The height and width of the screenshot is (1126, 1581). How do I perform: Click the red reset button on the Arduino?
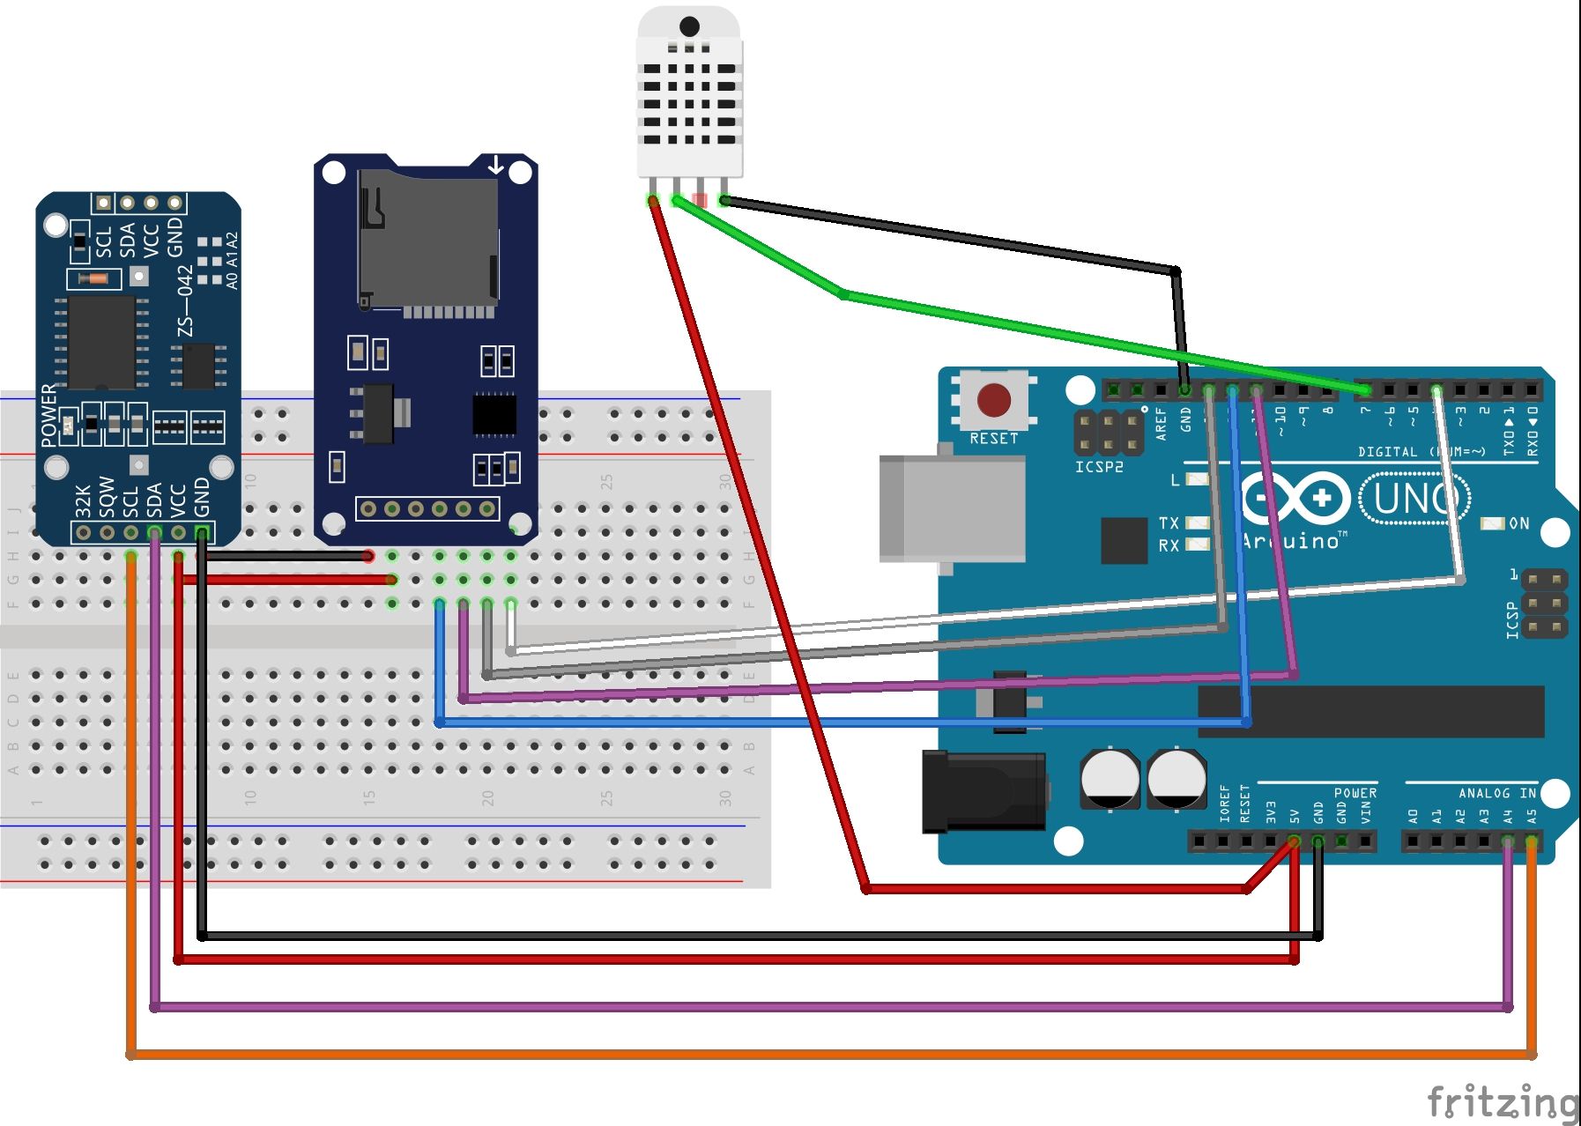point(994,400)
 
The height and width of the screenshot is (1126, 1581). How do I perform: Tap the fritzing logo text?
point(1502,1102)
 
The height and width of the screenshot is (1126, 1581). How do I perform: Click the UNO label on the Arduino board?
point(1414,499)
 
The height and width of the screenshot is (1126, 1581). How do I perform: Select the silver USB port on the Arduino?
point(952,508)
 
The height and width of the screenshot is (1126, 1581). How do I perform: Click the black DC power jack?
point(983,791)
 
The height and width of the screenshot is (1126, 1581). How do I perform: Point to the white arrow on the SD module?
point(496,165)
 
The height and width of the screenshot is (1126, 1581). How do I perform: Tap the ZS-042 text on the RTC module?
point(185,300)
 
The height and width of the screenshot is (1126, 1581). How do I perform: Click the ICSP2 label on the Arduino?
point(1099,467)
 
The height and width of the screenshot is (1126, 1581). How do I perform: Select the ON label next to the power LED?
point(1519,523)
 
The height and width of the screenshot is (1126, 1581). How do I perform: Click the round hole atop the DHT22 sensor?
point(689,26)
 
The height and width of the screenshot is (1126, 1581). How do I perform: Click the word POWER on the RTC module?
point(48,415)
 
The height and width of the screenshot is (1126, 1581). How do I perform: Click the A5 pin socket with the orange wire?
point(1532,841)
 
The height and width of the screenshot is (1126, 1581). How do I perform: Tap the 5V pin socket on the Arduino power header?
point(1294,841)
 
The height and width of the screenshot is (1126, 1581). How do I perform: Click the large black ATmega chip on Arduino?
point(1370,711)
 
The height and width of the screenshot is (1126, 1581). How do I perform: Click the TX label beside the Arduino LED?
point(1169,523)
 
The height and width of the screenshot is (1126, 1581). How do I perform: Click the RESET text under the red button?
point(993,438)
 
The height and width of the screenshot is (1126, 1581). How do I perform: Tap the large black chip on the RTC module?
point(101,343)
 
